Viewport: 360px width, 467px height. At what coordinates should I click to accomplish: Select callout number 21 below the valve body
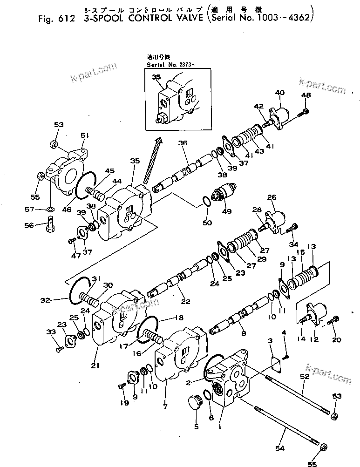point(95,365)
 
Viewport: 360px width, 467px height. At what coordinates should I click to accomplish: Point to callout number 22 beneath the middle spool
point(185,302)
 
